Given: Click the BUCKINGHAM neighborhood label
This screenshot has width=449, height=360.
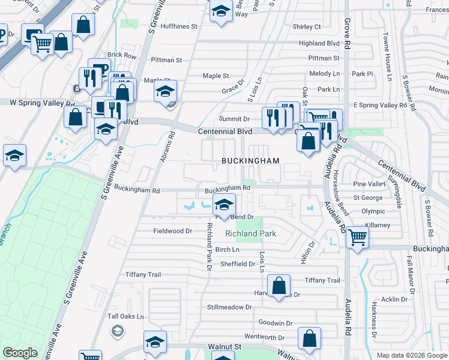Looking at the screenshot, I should (250, 161).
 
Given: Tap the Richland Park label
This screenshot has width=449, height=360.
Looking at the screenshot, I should (250, 233).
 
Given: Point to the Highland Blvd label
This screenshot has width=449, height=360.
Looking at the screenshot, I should (319, 43).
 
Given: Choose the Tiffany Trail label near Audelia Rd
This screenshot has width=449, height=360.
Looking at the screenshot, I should (322, 280).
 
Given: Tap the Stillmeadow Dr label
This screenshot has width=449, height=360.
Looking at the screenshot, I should (229, 307).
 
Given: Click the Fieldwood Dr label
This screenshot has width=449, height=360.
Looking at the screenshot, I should (172, 231).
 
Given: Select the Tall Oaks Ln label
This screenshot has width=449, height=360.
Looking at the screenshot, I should (125, 316).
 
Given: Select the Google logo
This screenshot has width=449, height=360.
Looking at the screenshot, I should (20, 353).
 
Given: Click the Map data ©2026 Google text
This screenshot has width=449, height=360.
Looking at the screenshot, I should (411, 355).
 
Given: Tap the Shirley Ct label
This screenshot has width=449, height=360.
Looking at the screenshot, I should (307, 27).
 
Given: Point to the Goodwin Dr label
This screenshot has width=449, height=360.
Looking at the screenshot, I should (276, 323).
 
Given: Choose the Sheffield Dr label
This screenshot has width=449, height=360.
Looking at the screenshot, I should (238, 264).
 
